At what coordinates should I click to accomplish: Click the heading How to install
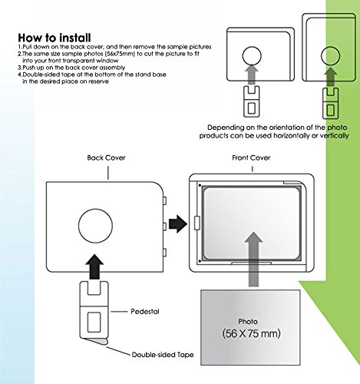[x=54, y=38]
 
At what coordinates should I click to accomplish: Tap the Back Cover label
[x=106, y=157]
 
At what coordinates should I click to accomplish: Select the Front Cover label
[x=251, y=157]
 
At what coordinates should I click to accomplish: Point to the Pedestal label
[x=145, y=312]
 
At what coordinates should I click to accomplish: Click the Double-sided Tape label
[x=163, y=355]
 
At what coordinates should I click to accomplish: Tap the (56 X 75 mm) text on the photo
[x=251, y=333]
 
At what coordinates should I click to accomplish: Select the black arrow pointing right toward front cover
[x=178, y=223]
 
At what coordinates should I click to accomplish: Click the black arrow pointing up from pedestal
[x=94, y=267]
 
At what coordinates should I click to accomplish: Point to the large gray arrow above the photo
[x=253, y=259]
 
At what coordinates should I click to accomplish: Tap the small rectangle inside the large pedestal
[x=94, y=322]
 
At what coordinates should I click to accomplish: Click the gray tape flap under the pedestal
[x=97, y=341]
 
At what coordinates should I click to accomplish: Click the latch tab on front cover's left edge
[x=197, y=223]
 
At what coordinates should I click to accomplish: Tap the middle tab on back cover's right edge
[x=164, y=227]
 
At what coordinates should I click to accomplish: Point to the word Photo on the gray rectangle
[x=248, y=322]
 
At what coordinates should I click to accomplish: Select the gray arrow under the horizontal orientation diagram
[x=252, y=74]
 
